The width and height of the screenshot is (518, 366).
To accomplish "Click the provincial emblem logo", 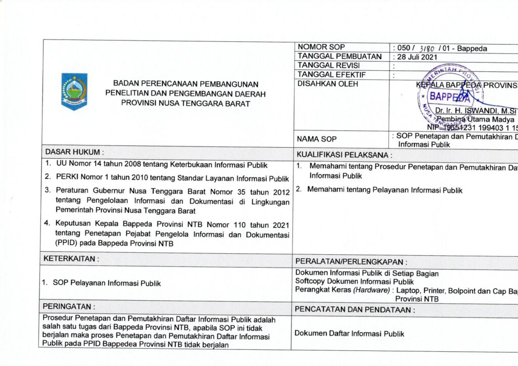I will (x=74, y=91).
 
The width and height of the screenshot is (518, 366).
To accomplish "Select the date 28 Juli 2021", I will (x=417, y=57).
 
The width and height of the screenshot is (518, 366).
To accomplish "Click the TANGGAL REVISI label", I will (x=329, y=66).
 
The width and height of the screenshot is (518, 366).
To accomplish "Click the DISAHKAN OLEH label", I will (x=328, y=84).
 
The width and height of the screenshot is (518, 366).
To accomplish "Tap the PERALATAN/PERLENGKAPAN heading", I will (x=352, y=262).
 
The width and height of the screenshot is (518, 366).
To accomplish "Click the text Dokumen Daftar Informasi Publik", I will (x=349, y=334).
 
